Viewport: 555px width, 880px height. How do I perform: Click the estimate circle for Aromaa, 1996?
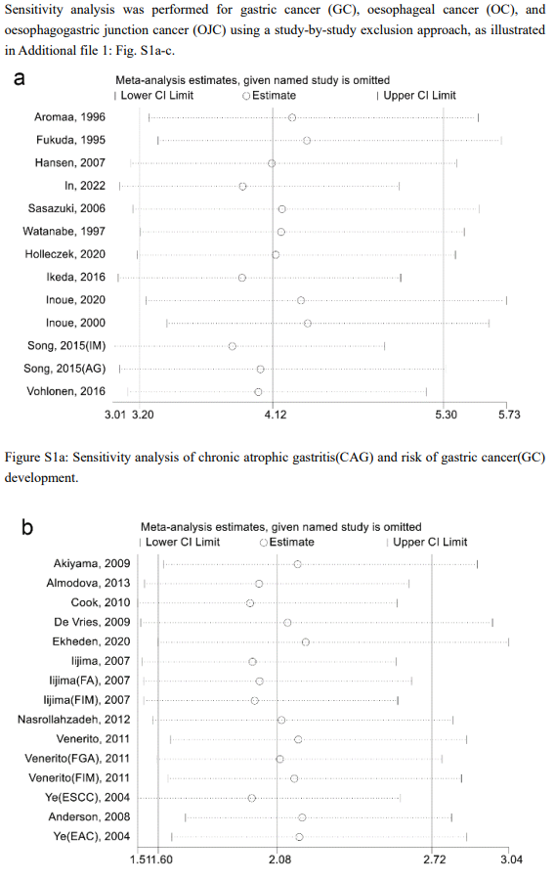click(292, 117)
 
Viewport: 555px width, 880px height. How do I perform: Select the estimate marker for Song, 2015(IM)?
click(233, 346)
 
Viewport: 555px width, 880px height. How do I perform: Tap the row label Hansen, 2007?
click(70, 162)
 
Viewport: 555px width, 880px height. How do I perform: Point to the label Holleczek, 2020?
click(65, 254)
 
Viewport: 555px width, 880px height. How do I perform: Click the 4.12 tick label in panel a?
click(276, 415)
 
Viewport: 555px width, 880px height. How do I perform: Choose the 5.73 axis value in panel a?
click(510, 415)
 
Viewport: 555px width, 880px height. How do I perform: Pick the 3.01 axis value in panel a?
click(116, 415)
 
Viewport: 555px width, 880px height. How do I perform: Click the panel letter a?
click(20, 78)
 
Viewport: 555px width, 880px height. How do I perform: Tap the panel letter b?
click(27, 527)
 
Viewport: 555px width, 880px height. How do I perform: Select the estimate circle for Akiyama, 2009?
click(297, 564)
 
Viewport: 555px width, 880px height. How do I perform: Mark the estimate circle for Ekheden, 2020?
click(306, 642)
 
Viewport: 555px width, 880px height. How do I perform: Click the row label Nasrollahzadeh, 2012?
click(73, 720)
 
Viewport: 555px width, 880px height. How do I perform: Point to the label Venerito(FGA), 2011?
click(77, 759)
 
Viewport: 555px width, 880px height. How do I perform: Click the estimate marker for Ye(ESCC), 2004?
click(252, 798)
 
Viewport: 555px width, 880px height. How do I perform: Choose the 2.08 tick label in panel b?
click(280, 859)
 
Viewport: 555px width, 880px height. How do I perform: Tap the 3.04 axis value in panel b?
click(512, 859)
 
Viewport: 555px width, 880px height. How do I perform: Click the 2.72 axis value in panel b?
click(435, 859)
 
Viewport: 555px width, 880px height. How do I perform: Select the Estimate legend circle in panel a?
click(246, 96)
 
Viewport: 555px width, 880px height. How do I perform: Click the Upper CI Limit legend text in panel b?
click(430, 542)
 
